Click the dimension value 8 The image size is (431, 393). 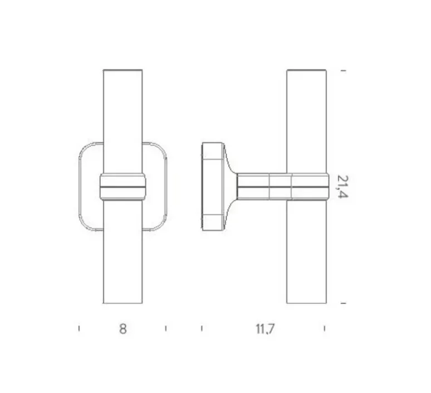tap(123, 328)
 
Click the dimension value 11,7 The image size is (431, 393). tap(265, 329)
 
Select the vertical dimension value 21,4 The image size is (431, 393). tap(342, 186)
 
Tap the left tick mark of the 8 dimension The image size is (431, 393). tap(79, 328)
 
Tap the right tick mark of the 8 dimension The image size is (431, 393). tap(166, 328)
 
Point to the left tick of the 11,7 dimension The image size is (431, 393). tap(202, 328)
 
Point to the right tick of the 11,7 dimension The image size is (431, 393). tap(324, 328)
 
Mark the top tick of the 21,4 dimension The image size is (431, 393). tap(344, 71)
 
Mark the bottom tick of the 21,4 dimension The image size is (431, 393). tap(344, 303)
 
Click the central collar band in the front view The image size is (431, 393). tap(123, 187)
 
